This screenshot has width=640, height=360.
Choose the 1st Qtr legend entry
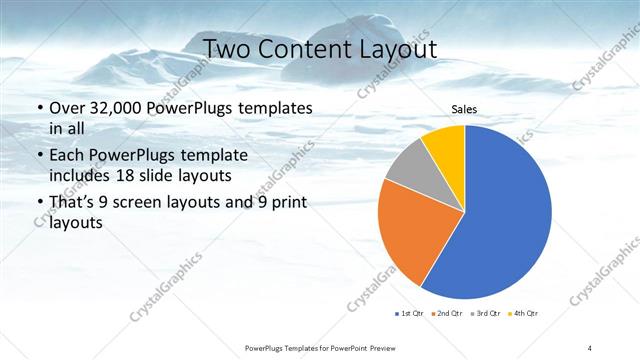coord(409,313)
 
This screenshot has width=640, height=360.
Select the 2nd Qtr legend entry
coord(447,313)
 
